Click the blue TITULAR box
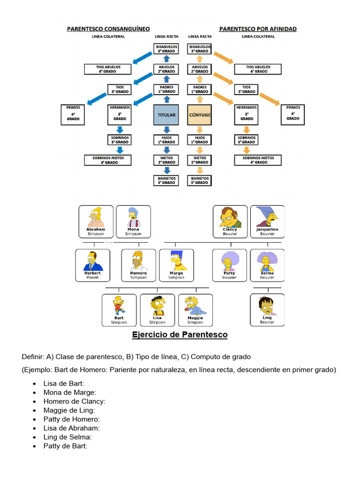(166, 114)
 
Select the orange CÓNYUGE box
(199, 114)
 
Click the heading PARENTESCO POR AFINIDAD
(257, 29)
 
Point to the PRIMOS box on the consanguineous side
(73, 114)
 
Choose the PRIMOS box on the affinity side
(292, 114)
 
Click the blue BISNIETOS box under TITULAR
(166, 180)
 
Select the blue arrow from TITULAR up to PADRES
(166, 99)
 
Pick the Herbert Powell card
(92, 265)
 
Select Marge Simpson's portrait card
(176, 265)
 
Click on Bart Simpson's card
(119, 310)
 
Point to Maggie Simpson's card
(195, 310)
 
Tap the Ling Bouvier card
(267, 310)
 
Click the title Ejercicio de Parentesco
(180, 335)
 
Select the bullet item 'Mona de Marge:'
(69, 392)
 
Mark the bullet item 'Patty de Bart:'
(65, 446)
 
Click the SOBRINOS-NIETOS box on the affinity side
(258, 160)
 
